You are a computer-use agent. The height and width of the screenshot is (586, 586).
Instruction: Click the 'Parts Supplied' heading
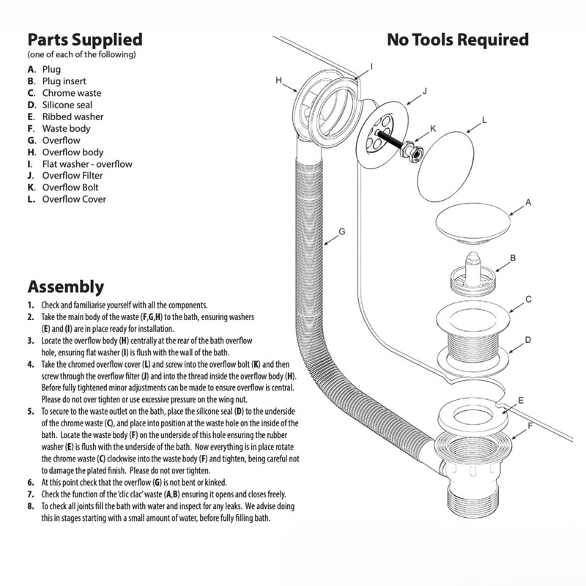pos(84,39)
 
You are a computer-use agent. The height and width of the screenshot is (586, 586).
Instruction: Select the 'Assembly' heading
pos(65,286)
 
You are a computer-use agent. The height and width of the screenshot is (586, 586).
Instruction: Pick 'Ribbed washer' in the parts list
pos(73,116)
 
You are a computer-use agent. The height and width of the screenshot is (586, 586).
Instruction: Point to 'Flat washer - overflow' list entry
pos(87,163)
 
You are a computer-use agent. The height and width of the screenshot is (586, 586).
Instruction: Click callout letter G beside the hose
pos(341,231)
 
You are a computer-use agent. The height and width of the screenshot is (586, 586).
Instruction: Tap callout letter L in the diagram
pos(484,119)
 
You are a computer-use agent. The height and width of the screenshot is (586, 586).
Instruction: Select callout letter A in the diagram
pos(528,201)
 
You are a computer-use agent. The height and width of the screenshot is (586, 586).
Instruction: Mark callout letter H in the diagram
pos(279,79)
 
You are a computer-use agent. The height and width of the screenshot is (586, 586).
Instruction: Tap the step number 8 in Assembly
pos(31,506)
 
